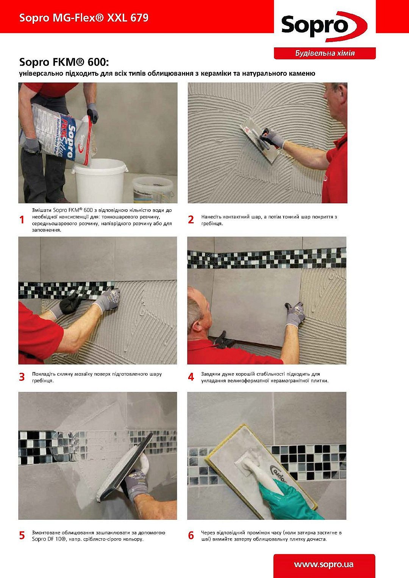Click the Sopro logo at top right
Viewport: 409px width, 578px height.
point(324,26)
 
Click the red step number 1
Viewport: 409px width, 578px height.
point(22,220)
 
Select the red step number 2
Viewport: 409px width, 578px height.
point(191,220)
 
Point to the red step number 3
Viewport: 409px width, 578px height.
point(22,377)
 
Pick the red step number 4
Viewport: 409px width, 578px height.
point(191,377)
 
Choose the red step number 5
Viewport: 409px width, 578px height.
point(22,536)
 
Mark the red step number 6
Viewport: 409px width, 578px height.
point(191,536)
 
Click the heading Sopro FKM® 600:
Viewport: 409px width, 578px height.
point(64,62)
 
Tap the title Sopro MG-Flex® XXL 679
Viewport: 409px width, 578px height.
point(84,18)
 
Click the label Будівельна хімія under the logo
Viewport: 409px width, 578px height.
point(325,53)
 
